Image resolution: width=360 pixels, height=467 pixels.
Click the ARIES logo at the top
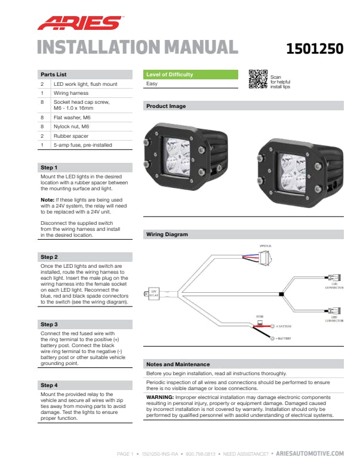click(79, 23)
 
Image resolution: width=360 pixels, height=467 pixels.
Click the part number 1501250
click(315, 49)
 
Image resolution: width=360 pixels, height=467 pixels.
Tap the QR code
click(257, 79)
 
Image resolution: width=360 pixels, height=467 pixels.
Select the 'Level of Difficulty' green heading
click(170, 75)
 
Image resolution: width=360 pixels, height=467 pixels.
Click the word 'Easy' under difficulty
click(152, 84)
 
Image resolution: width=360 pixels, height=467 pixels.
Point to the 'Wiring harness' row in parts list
click(71, 93)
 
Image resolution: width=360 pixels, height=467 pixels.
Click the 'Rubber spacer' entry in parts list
click(70, 135)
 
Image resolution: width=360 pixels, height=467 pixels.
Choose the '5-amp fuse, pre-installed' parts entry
click(82, 144)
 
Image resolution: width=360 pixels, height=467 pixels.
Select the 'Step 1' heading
click(49, 168)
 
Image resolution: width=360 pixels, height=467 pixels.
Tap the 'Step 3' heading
click(49, 324)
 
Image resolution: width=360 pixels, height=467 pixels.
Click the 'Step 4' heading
click(49, 385)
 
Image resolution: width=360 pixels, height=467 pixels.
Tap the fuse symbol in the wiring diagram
click(260, 322)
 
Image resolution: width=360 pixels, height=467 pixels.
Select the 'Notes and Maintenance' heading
click(177, 364)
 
